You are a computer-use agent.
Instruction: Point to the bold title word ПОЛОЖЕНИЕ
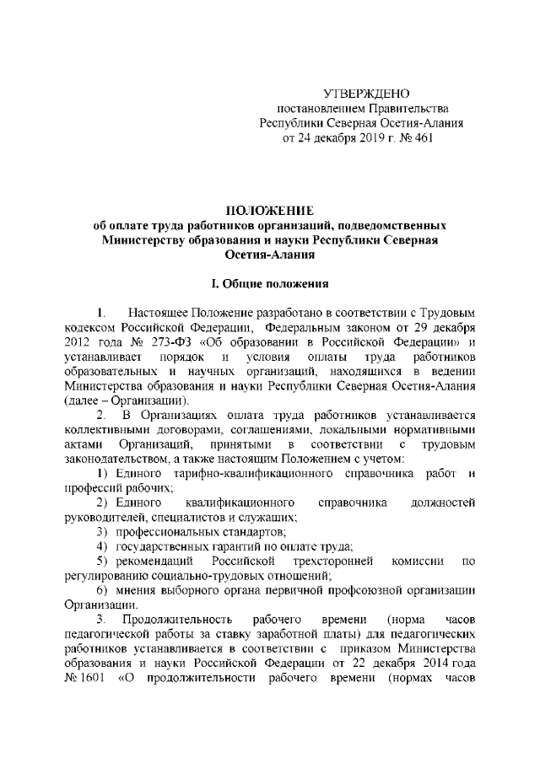pyautogui.click(x=269, y=209)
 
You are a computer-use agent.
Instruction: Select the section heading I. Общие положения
pyautogui.click(x=269, y=287)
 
